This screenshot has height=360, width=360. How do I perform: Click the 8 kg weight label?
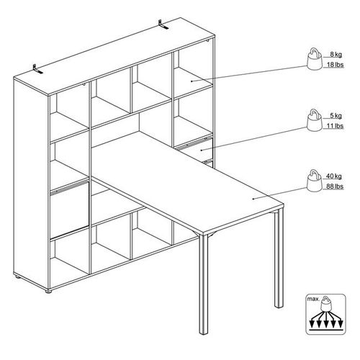336,55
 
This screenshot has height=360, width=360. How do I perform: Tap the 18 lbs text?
335,65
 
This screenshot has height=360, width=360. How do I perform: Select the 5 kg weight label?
336,116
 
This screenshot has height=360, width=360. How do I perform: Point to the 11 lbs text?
335,126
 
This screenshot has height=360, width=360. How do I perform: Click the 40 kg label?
334,176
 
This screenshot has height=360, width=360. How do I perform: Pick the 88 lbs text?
335,186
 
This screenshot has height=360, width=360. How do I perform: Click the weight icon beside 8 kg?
315,59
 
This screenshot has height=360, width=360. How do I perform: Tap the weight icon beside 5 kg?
315,120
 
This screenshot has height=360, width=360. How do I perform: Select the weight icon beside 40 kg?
315,181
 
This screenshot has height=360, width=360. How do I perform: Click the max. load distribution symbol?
325,315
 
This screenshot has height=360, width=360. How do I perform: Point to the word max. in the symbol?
314,300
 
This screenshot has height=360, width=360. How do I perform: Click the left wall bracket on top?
37,69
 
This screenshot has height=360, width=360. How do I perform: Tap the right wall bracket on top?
163,25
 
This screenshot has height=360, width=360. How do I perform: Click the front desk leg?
204,284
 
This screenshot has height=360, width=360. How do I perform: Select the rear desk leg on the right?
279,258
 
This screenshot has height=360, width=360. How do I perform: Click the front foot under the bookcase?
48,292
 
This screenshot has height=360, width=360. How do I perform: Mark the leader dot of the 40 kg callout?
253,199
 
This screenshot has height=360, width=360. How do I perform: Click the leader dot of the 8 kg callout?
192,81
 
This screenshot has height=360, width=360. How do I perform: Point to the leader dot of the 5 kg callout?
202,150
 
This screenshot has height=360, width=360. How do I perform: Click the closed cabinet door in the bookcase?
69,210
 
